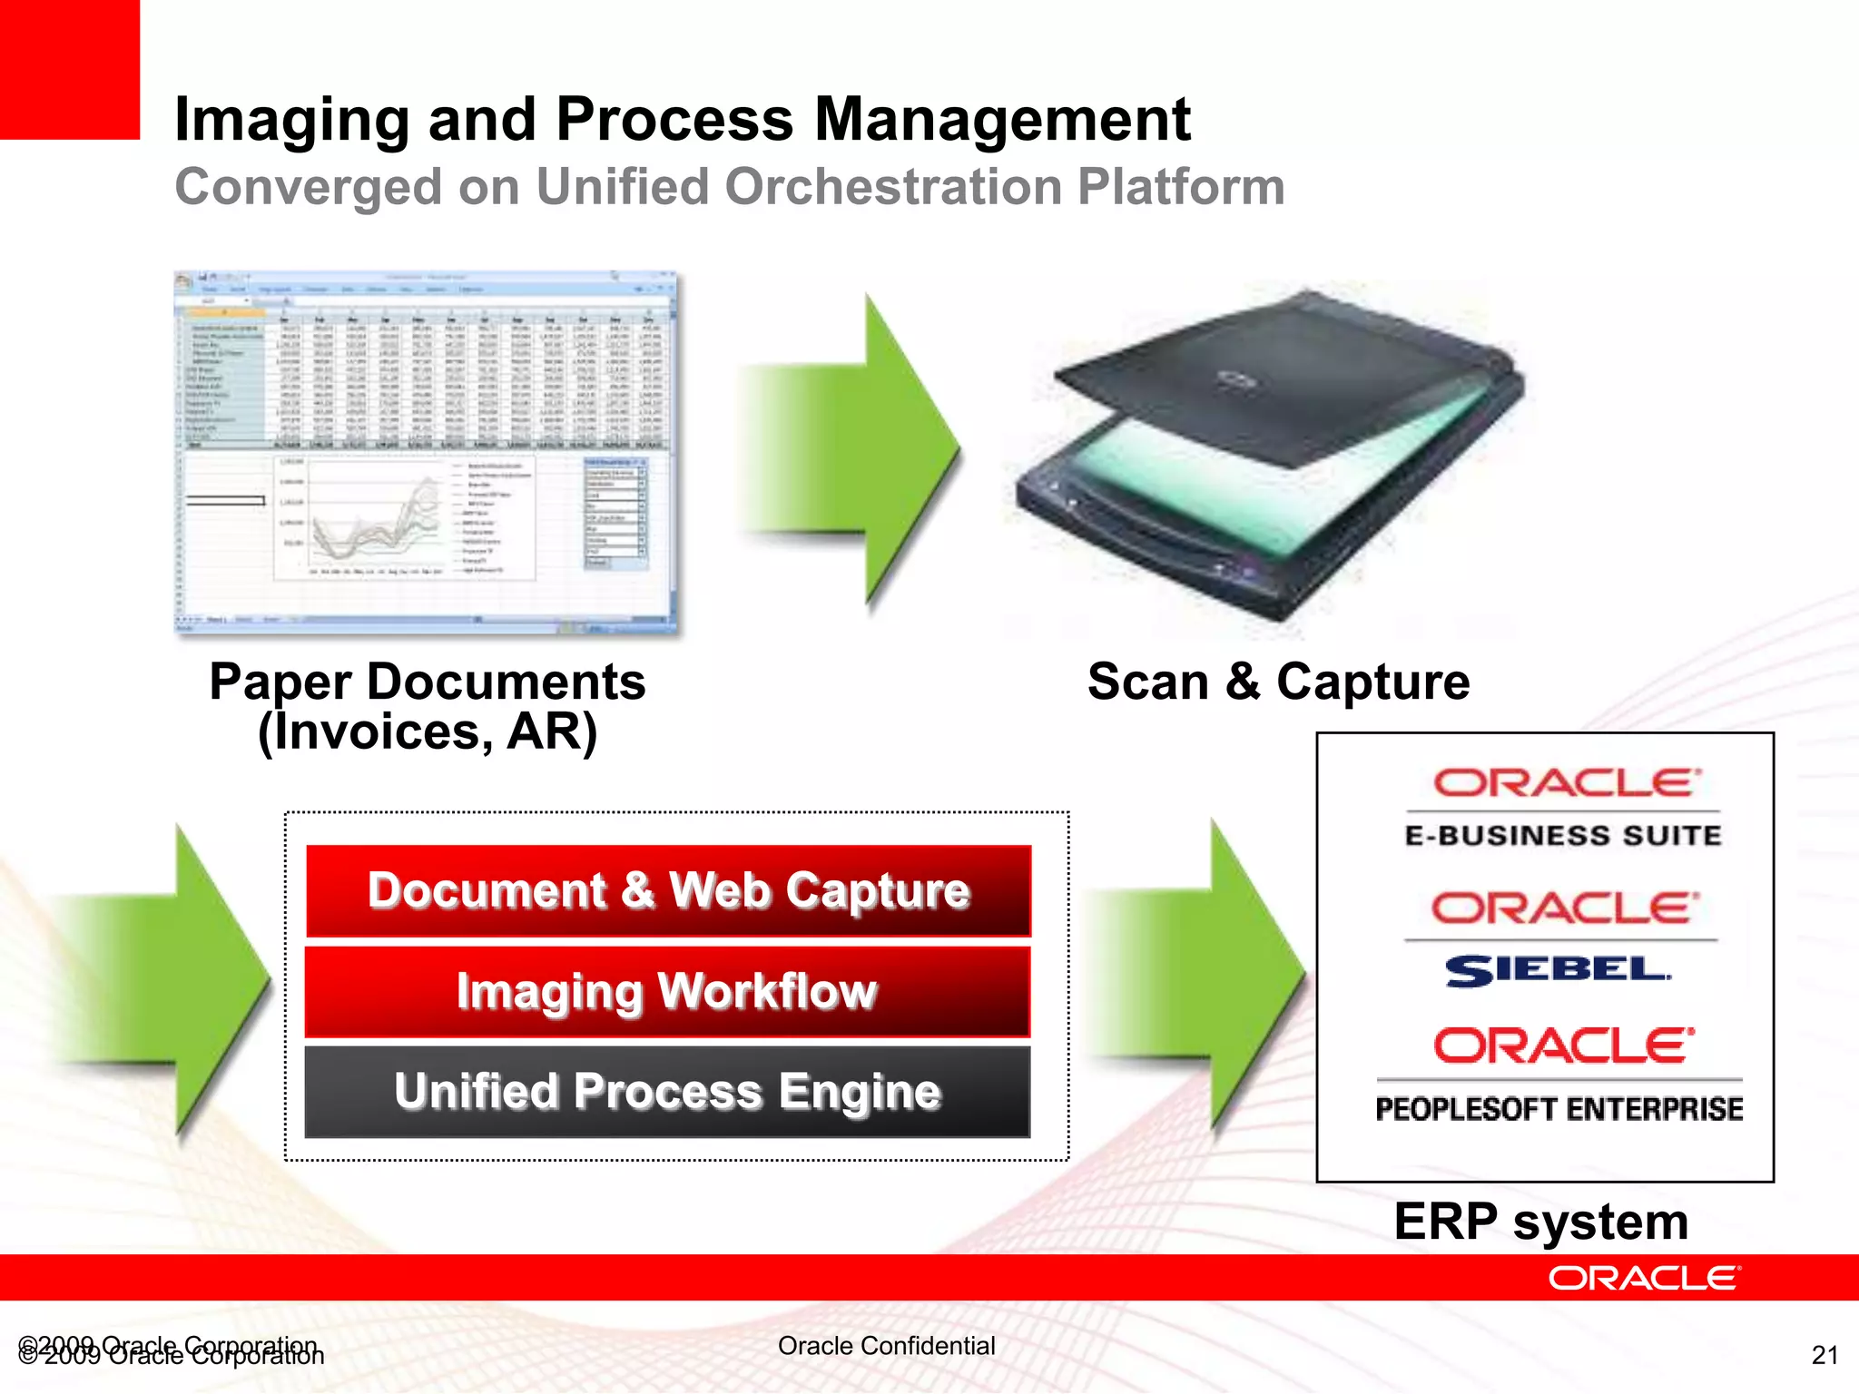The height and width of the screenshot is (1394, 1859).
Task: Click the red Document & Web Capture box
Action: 668,890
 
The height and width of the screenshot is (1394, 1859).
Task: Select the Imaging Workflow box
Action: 667,991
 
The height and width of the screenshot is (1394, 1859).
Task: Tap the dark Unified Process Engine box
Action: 667,1091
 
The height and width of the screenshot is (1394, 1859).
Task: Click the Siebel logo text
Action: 1558,970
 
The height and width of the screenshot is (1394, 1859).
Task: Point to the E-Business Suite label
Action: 1562,835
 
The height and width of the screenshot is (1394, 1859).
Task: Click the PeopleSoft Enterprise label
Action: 1559,1109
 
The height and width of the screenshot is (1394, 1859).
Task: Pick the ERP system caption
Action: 1540,1222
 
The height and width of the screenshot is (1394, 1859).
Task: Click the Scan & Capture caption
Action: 1278,682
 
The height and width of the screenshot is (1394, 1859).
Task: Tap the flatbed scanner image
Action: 1271,454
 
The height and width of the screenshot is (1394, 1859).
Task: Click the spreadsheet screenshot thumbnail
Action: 426,451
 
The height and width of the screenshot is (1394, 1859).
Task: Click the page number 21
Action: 1824,1355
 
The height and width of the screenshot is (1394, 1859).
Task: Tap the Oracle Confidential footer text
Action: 886,1346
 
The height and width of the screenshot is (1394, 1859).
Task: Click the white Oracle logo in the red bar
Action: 1644,1278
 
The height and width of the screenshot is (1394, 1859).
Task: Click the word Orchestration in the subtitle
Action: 894,187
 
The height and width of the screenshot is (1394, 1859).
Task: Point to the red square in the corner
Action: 69,69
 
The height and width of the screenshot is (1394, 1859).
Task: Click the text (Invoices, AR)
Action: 428,731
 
